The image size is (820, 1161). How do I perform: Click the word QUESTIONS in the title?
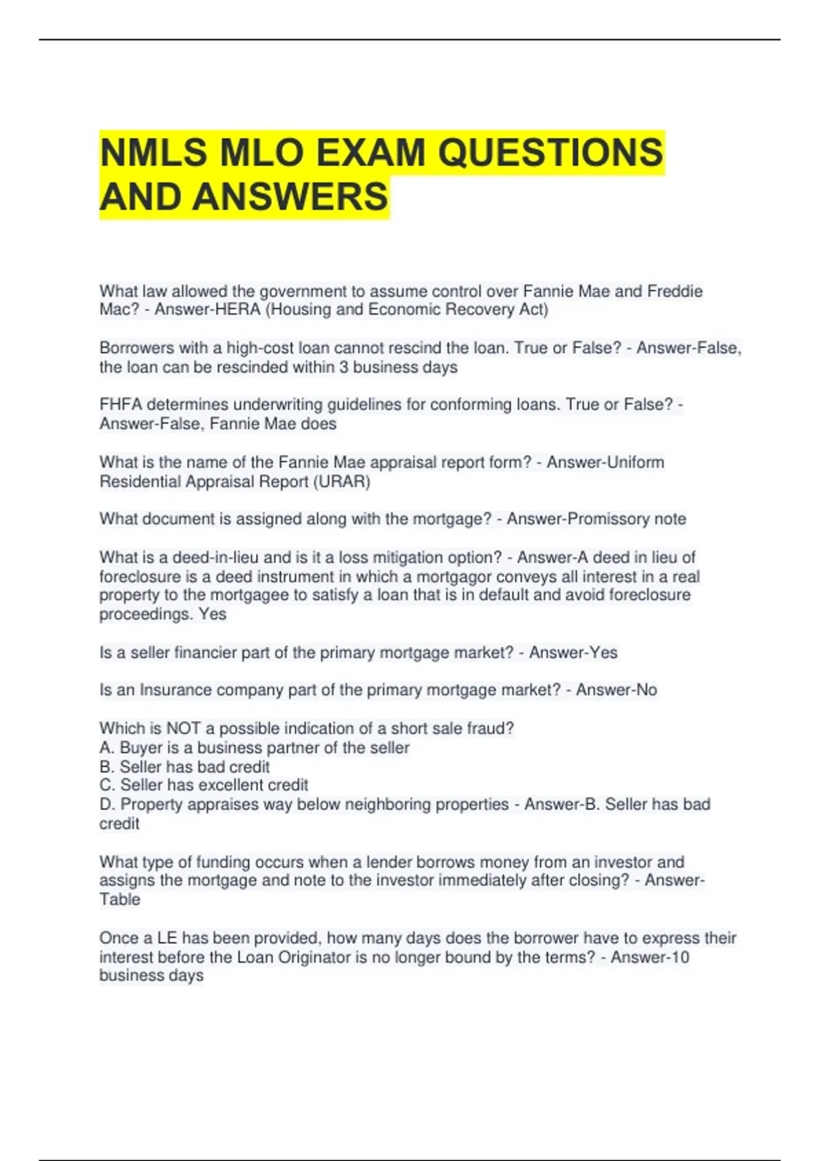[x=549, y=152]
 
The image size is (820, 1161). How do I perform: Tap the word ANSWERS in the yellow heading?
[x=290, y=197]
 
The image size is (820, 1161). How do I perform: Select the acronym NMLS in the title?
[x=153, y=152]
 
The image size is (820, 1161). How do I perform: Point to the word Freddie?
[x=674, y=292]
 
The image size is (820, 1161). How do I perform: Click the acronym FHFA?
[x=120, y=405]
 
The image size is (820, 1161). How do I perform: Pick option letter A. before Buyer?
[x=107, y=748]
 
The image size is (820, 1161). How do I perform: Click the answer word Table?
[x=120, y=899]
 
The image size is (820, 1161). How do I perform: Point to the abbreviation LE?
[x=167, y=938]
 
